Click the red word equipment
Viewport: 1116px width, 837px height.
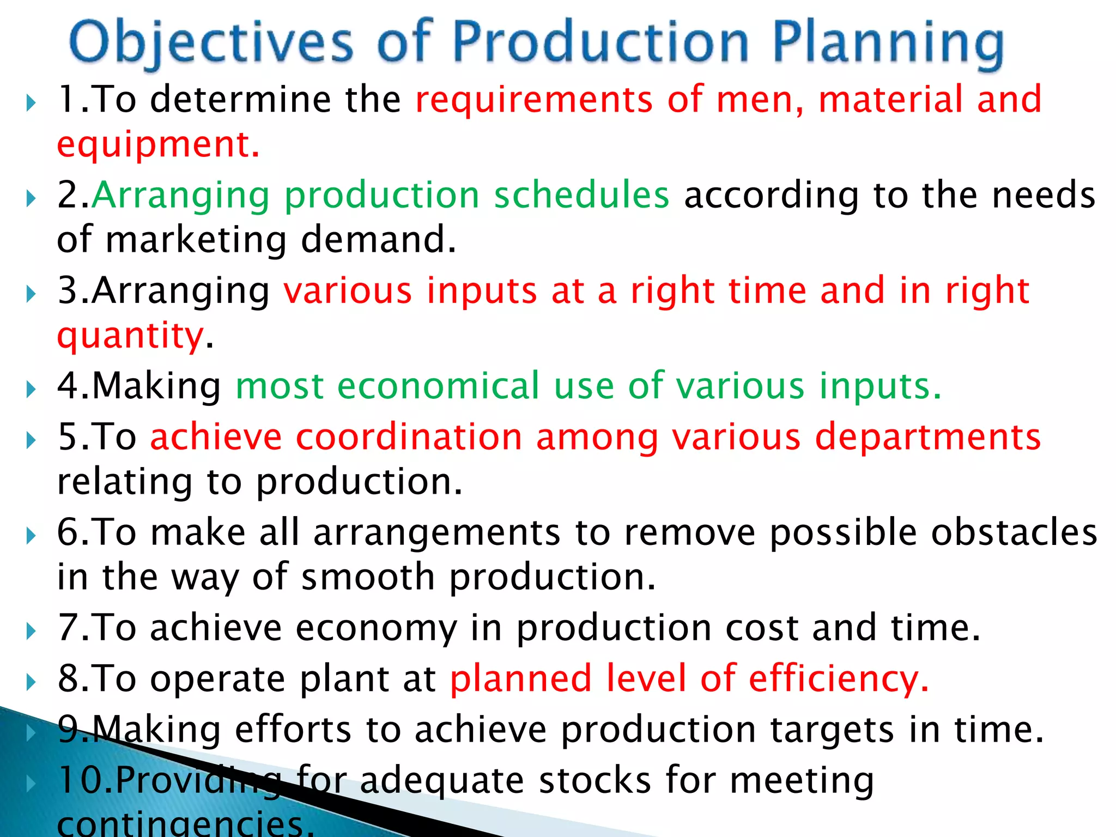pos(158,144)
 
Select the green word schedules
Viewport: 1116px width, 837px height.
pos(581,195)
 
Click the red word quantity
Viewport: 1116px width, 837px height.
pos(131,335)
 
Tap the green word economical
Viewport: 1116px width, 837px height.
pos(438,386)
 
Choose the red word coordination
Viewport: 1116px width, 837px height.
pos(409,437)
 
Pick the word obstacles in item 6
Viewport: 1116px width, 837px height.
pos(1014,532)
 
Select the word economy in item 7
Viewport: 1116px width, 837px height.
pos(376,628)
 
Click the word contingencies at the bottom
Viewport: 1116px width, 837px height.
pos(185,826)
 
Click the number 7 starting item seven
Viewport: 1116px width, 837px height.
pos(69,628)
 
